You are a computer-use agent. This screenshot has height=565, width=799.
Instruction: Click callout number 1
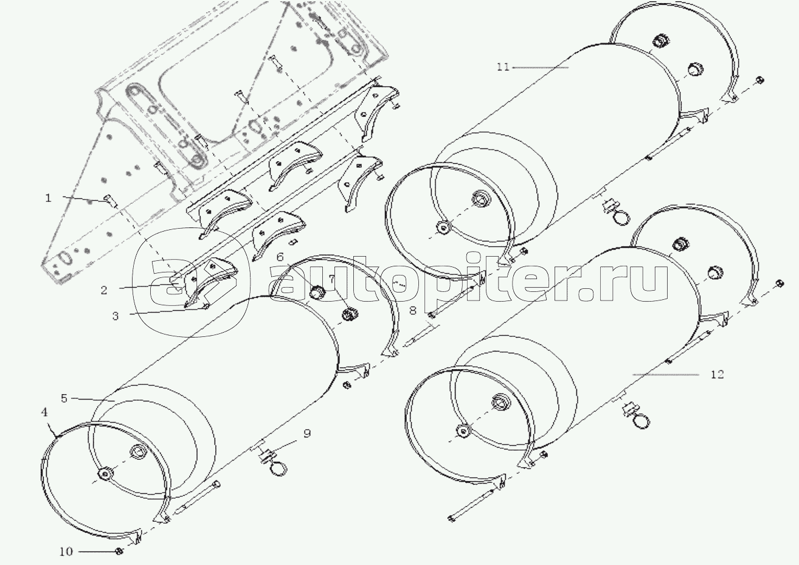pyautogui.click(x=49, y=198)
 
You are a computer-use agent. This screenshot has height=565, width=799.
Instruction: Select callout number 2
pyautogui.click(x=104, y=290)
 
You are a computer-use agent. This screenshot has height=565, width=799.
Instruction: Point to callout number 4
pyautogui.click(x=44, y=412)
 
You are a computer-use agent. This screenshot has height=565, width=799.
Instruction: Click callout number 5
pyautogui.click(x=64, y=398)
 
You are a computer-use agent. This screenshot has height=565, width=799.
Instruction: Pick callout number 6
pyautogui.click(x=279, y=257)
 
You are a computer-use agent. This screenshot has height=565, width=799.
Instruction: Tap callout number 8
pyautogui.click(x=412, y=311)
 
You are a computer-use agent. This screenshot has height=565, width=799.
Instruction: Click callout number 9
pyautogui.click(x=307, y=433)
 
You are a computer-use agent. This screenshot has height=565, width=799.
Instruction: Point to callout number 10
pyautogui.click(x=66, y=552)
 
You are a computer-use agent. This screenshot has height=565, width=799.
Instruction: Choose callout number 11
pyautogui.click(x=502, y=67)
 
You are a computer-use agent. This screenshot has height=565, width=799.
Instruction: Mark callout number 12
pyautogui.click(x=718, y=375)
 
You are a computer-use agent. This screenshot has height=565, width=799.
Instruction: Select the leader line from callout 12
pyautogui.click(x=665, y=375)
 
